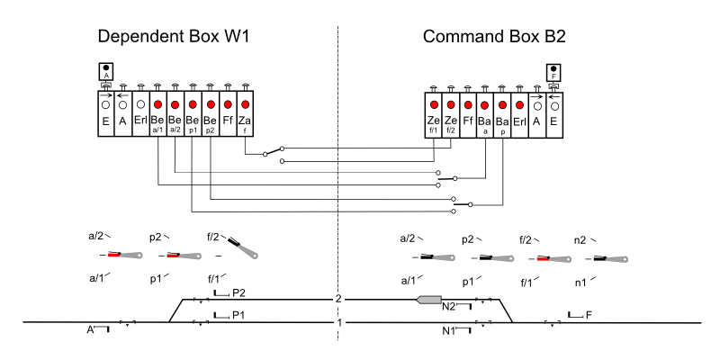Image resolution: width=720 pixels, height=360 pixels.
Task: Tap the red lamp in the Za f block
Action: pyautogui.click(x=244, y=105)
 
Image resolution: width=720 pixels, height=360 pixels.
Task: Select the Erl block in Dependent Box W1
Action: pyautogui.click(x=140, y=120)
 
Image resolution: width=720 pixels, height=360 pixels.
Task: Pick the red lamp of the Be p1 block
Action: pyautogui.click(x=192, y=105)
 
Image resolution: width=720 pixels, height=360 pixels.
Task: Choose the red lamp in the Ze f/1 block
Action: pyautogui.click(x=434, y=105)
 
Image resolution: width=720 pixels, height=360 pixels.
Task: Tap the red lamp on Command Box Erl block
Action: pyautogui.click(x=520, y=105)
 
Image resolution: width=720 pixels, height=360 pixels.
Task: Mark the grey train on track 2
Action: pyautogui.click(x=428, y=300)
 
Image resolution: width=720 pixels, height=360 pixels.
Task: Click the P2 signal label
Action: pyautogui.click(x=238, y=293)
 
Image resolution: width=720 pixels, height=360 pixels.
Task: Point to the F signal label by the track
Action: pyautogui.click(x=589, y=315)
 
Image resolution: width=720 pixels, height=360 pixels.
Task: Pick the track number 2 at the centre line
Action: pyautogui.click(x=338, y=299)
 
